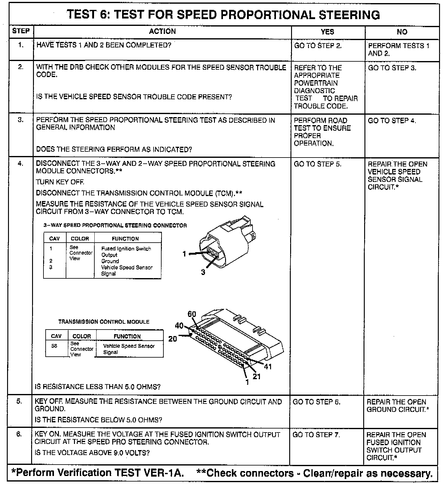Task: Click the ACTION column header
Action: pyautogui.click(x=162, y=31)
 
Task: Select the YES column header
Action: pyautogui.click(x=327, y=32)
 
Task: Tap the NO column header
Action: pyautogui.click(x=402, y=32)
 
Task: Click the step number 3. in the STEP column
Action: pyautogui.click(x=20, y=120)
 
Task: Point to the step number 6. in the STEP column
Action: pyautogui.click(x=19, y=434)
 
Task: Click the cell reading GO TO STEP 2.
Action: pyautogui.click(x=318, y=46)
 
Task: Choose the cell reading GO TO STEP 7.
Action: pyautogui.click(x=316, y=435)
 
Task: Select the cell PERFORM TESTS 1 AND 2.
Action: pyautogui.click(x=398, y=49)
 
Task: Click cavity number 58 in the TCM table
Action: pyautogui.click(x=54, y=346)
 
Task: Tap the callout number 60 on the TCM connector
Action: pyautogui.click(x=192, y=314)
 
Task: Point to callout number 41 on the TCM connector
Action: pyautogui.click(x=268, y=367)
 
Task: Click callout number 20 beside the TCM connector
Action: pyautogui.click(x=173, y=339)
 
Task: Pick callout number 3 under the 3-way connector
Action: pyautogui.click(x=203, y=272)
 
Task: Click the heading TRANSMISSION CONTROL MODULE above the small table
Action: pyautogui.click(x=104, y=322)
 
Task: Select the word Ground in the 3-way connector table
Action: pyautogui.click(x=110, y=261)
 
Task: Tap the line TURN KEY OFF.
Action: pyautogui.click(x=60, y=182)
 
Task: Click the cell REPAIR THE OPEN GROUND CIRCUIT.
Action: pyautogui.click(x=398, y=406)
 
